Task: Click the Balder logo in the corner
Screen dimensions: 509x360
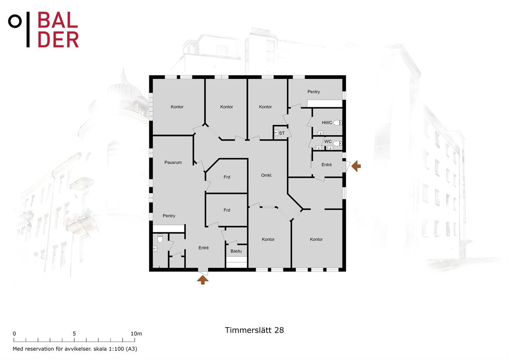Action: (x=43, y=30)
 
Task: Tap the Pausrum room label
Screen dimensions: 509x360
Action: (x=173, y=162)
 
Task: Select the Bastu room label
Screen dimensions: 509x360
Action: (x=236, y=251)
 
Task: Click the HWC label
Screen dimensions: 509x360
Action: (x=327, y=122)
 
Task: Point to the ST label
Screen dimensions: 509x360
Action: (x=282, y=133)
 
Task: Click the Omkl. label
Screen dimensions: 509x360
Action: (x=267, y=175)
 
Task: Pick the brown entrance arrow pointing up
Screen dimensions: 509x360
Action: (x=202, y=280)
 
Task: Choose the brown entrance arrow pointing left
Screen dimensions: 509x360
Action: (x=356, y=166)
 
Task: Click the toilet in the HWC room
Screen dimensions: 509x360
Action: (x=338, y=122)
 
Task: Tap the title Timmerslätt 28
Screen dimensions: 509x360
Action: (x=254, y=330)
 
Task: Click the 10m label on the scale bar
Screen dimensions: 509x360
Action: (x=136, y=334)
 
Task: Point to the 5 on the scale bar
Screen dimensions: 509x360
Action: (x=74, y=334)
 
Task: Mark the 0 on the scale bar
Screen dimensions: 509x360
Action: (x=14, y=334)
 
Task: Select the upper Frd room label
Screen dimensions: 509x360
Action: (x=227, y=177)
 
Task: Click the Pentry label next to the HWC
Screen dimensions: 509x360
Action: (x=314, y=92)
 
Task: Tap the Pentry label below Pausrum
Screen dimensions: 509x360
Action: (x=169, y=216)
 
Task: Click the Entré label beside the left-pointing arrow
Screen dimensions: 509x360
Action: (x=327, y=165)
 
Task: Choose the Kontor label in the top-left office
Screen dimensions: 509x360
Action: (x=177, y=107)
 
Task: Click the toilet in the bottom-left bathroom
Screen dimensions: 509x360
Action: (x=160, y=238)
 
